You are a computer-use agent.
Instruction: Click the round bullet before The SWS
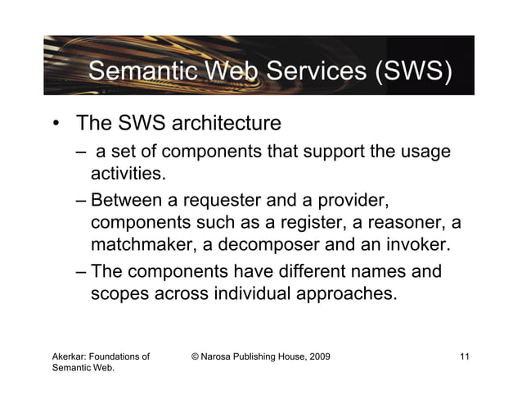[x=56, y=125]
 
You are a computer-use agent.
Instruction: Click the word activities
[x=127, y=174]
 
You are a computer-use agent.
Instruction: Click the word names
[x=384, y=271]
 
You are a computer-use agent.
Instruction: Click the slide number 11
[x=465, y=356]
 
